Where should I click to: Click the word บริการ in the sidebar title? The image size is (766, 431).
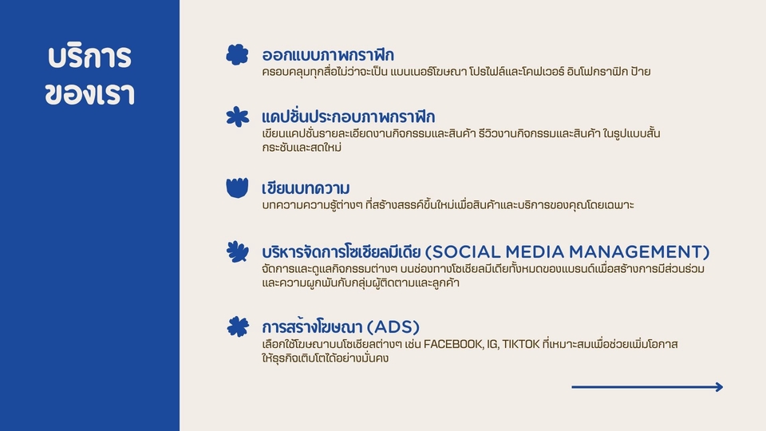coord(89,57)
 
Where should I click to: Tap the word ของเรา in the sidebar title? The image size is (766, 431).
coord(89,93)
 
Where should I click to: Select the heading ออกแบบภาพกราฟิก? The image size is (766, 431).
coord(328,55)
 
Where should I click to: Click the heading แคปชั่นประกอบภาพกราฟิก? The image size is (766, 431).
coord(348,117)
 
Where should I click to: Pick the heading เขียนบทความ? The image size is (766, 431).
coord(306,188)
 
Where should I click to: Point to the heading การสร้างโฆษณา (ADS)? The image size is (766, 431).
coord(341,326)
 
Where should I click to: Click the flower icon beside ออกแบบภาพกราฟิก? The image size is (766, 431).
coord(237,54)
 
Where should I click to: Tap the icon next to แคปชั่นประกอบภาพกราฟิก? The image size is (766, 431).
coord(237,117)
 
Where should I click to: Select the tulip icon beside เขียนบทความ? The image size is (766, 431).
coord(237,188)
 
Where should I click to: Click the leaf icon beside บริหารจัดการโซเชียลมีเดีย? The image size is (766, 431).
coord(237,251)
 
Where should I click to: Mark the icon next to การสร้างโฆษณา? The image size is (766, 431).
coord(237,326)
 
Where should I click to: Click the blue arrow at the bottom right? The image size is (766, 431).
coord(647,387)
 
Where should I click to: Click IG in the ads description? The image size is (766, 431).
coord(492,344)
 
